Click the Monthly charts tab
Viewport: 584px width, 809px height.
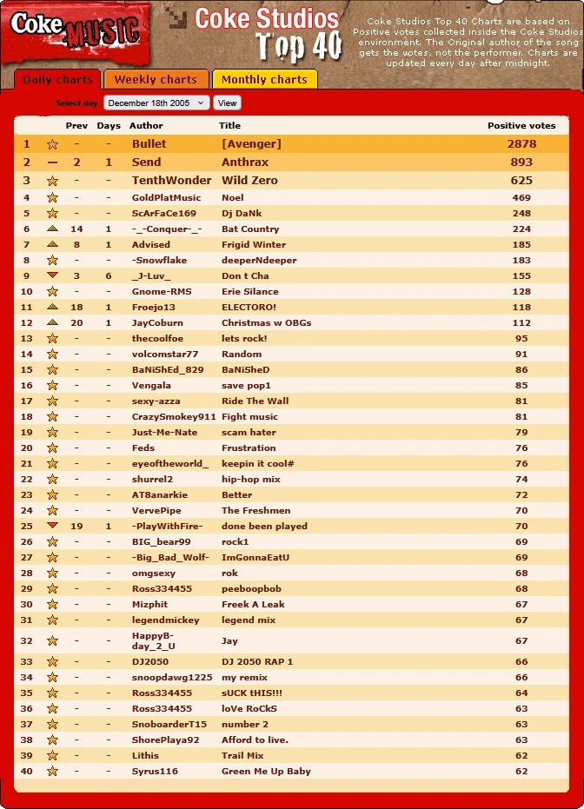coord(264,79)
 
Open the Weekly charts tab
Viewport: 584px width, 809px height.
coord(156,79)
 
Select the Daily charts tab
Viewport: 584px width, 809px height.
coord(57,80)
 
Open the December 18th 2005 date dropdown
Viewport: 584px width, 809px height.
coord(156,103)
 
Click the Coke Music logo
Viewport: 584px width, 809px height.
coord(75,31)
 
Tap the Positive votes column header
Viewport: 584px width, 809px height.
coord(521,126)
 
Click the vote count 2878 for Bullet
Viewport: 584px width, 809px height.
coord(521,144)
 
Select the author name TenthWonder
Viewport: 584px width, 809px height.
coord(171,181)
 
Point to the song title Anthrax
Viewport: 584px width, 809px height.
coord(245,162)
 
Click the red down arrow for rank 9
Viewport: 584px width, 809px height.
coord(52,275)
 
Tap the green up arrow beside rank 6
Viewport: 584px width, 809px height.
coord(52,229)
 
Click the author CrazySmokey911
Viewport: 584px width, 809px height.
coord(174,417)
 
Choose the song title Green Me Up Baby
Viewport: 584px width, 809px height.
coord(266,772)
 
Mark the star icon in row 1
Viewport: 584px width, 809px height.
coord(52,144)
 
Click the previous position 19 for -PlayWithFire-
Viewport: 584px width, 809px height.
coord(76,527)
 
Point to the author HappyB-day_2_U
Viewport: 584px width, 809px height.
coord(154,640)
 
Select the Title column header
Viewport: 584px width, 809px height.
coord(229,126)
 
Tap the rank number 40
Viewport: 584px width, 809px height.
coord(26,772)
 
